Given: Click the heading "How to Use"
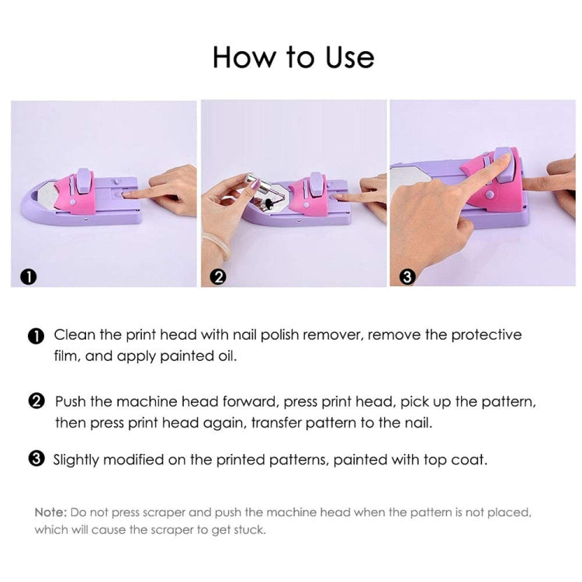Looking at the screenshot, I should pyautogui.click(x=293, y=57).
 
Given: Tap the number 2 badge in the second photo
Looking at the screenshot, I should pyautogui.click(x=219, y=275).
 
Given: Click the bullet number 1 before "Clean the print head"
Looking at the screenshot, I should pyautogui.click(x=36, y=336).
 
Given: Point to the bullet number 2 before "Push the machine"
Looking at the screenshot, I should pyautogui.click(x=36, y=402).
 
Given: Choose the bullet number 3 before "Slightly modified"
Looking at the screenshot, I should pyautogui.click(x=36, y=459).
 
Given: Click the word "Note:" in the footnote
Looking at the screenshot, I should pyautogui.click(x=50, y=513).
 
